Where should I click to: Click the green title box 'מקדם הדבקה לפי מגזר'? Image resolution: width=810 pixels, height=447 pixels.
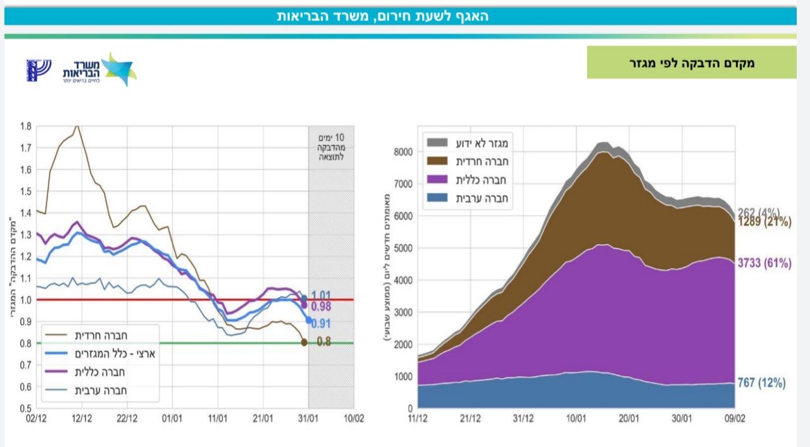(x=691, y=63)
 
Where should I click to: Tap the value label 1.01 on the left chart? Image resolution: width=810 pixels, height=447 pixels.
(x=321, y=295)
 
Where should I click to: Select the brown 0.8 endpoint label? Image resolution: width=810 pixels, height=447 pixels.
(x=323, y=343)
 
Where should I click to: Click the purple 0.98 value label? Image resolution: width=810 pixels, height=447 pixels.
(x=321, y=307)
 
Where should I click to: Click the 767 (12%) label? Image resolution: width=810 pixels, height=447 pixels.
(x=761, y=383)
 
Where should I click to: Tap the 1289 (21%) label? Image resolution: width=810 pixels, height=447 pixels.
(x=764, y=222)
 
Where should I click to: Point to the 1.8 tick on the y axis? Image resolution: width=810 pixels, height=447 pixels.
(x=25, y=126)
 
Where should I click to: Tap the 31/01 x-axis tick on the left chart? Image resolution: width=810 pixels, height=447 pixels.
(x=308, y=418)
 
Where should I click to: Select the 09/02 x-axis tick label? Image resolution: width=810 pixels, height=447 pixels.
(x=734, y=419)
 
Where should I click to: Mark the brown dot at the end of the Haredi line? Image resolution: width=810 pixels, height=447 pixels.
(x=304, y=343)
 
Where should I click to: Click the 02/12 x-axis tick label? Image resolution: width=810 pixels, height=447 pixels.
(x=37, y=418)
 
